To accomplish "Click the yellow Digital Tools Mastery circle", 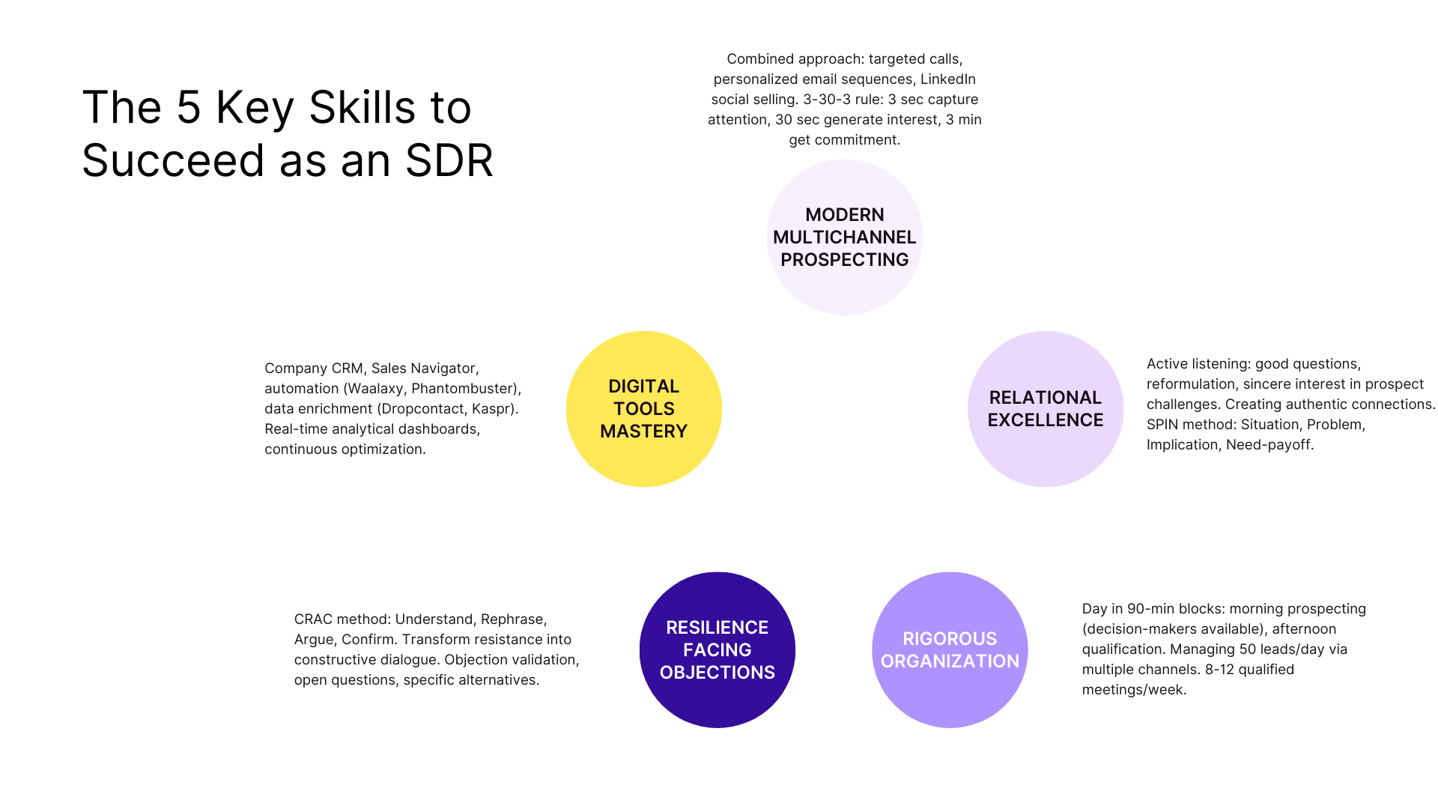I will (643, 409).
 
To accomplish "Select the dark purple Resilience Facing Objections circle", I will (717, 649).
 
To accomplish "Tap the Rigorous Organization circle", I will (950, 649).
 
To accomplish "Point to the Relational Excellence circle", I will (1045, 409).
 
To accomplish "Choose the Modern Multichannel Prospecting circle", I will (844, 237).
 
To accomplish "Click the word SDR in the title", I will (449, 160).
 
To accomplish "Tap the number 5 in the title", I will (189, 107).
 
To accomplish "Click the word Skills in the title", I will (362, 107).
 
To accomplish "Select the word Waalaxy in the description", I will (375, 389).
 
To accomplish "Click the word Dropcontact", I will (422, 409).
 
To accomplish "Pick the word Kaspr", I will (492, 409).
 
